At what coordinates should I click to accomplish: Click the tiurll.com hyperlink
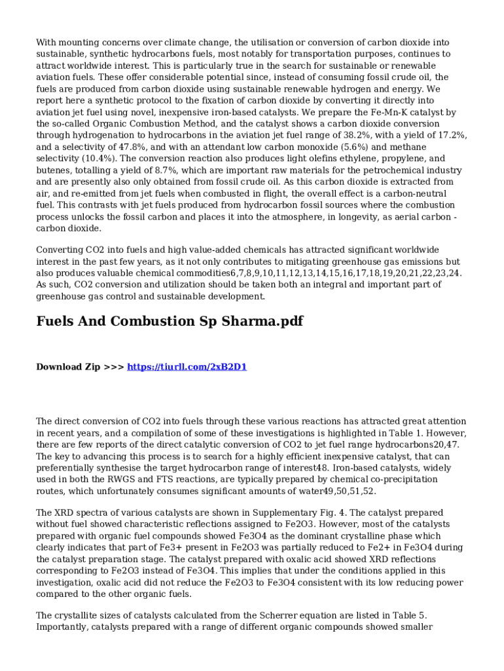coord(187,367)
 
